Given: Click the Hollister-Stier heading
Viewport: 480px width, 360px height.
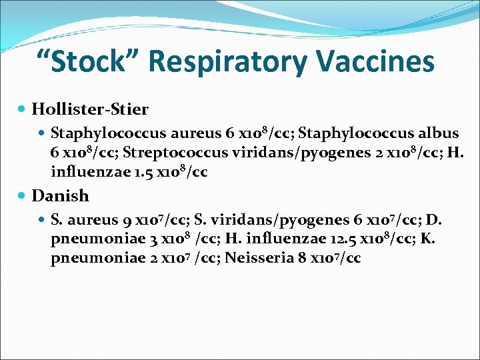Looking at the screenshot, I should pos(90,109).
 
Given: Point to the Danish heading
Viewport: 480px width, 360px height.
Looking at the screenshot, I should pos(60,196).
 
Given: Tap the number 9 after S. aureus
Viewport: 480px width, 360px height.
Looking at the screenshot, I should pos(127,221).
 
